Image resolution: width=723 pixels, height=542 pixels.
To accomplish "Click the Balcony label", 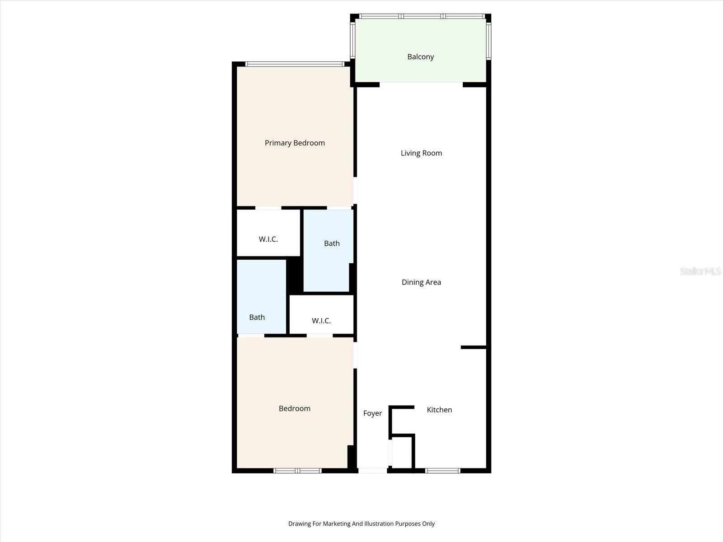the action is click(420, 57).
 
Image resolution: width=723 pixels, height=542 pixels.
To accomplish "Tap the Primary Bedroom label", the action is click(295, 143).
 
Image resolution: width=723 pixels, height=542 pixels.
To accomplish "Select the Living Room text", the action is click(421, 153).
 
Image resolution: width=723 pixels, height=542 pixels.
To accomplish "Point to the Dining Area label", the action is click(421, 282).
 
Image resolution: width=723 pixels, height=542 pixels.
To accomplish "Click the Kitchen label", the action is click(439, 410).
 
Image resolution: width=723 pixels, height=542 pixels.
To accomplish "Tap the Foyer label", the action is click(372, 413).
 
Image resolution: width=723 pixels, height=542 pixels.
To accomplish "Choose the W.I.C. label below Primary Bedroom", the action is click(268, 239).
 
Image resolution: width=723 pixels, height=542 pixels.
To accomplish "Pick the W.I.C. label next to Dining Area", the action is click(321, 321).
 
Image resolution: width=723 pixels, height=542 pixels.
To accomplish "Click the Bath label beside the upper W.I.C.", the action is click(332, 243).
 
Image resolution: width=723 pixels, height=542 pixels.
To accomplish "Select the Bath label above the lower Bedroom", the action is click(257, 317).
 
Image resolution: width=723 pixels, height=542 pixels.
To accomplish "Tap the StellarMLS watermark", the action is click(700, 271).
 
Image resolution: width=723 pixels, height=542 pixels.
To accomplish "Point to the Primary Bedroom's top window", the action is click(295, 64).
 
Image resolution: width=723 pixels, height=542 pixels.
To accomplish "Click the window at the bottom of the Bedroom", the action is click(297, 471).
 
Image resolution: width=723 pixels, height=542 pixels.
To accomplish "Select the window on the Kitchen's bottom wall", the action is click(443, 471).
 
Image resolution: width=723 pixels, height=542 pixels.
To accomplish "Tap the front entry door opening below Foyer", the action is click(372, 471).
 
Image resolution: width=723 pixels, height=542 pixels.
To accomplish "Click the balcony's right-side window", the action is click(489, 41).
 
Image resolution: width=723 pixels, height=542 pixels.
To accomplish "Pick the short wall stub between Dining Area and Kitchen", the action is click(473, 347).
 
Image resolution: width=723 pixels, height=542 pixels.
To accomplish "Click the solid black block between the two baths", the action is click(295, 275).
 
